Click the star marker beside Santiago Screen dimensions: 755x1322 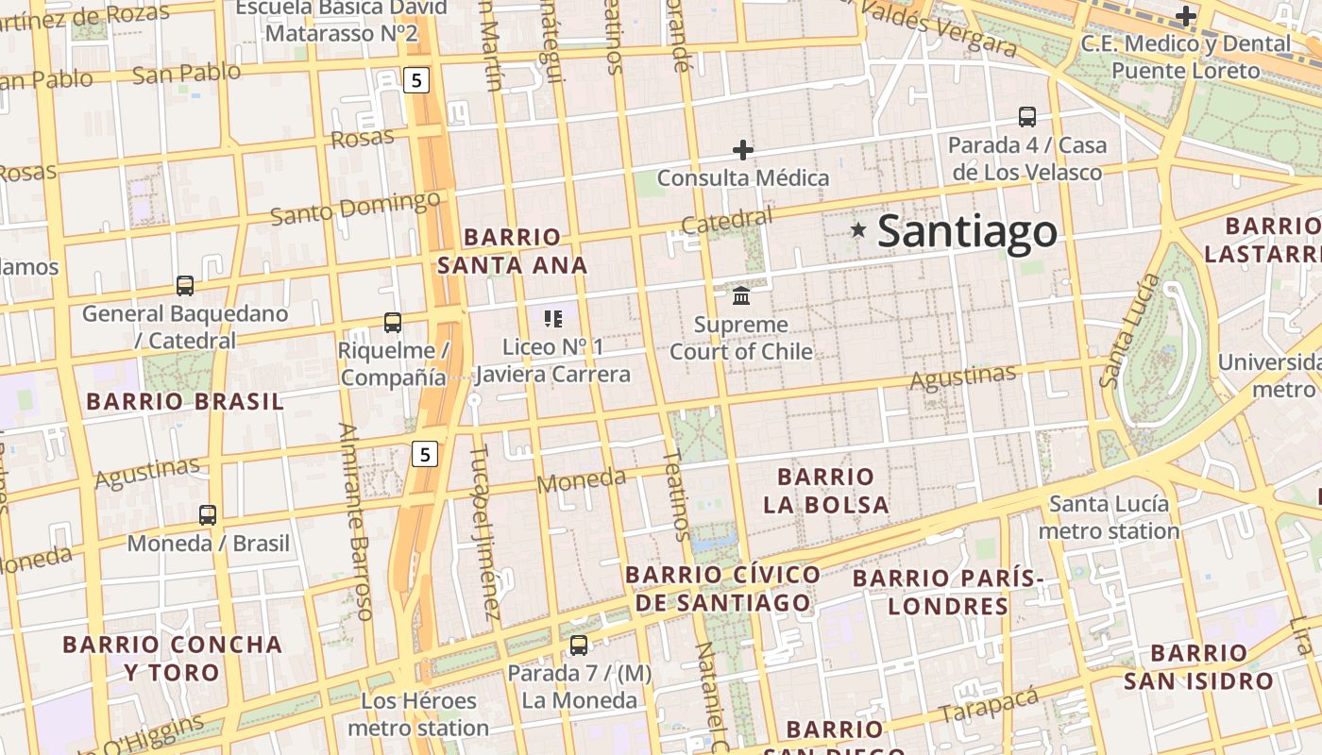tap(858, 229)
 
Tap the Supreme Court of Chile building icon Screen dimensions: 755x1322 tap(741, 295)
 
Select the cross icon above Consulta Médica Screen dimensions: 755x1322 tap(743, 149)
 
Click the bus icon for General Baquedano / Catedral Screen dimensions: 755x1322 tap(185, 285)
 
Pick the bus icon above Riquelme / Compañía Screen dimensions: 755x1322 tap(393, 323)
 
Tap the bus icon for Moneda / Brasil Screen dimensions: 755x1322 tap(208, 515)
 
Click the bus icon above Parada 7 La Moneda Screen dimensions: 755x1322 tap(579, 646)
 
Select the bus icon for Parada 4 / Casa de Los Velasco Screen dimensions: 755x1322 tap(1027, 117)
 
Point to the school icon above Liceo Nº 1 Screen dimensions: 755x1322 tap(553, 319)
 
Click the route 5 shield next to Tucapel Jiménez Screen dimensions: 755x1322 tap(425, 455)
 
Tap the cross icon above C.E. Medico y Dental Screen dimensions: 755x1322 tap(1186, 16)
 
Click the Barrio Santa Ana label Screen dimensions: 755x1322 tap(513, 251)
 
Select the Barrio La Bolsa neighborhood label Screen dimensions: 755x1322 tap(826, 491)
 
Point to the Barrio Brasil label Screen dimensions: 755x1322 tap(184, 401)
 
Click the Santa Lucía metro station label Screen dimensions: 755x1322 tap(1109, 517)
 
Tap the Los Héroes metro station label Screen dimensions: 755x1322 tap(418, 714)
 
